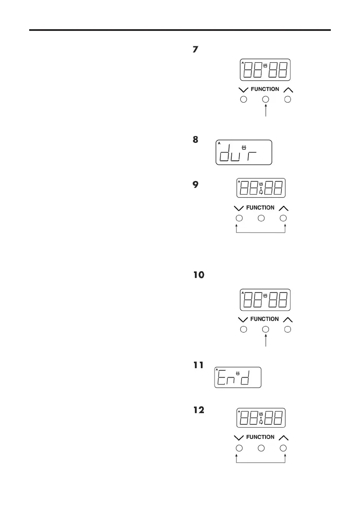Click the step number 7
[x=195, y=50]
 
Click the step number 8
[x=195, y=140]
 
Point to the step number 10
[x=199, y=275]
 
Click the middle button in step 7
[x=266, y=100]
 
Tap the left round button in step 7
[x=243, y=100]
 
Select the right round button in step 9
[x=283, y=218]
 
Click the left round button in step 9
[x=239, y=218]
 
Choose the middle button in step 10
[x=266, y=329]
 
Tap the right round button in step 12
[x=283, y=448]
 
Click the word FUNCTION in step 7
[x=265, y=89]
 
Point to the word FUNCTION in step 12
[x=260, y=437]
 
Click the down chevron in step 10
[x=243, y=320]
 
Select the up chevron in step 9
[x=283, y=208]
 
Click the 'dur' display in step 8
[x=244, y=152]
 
